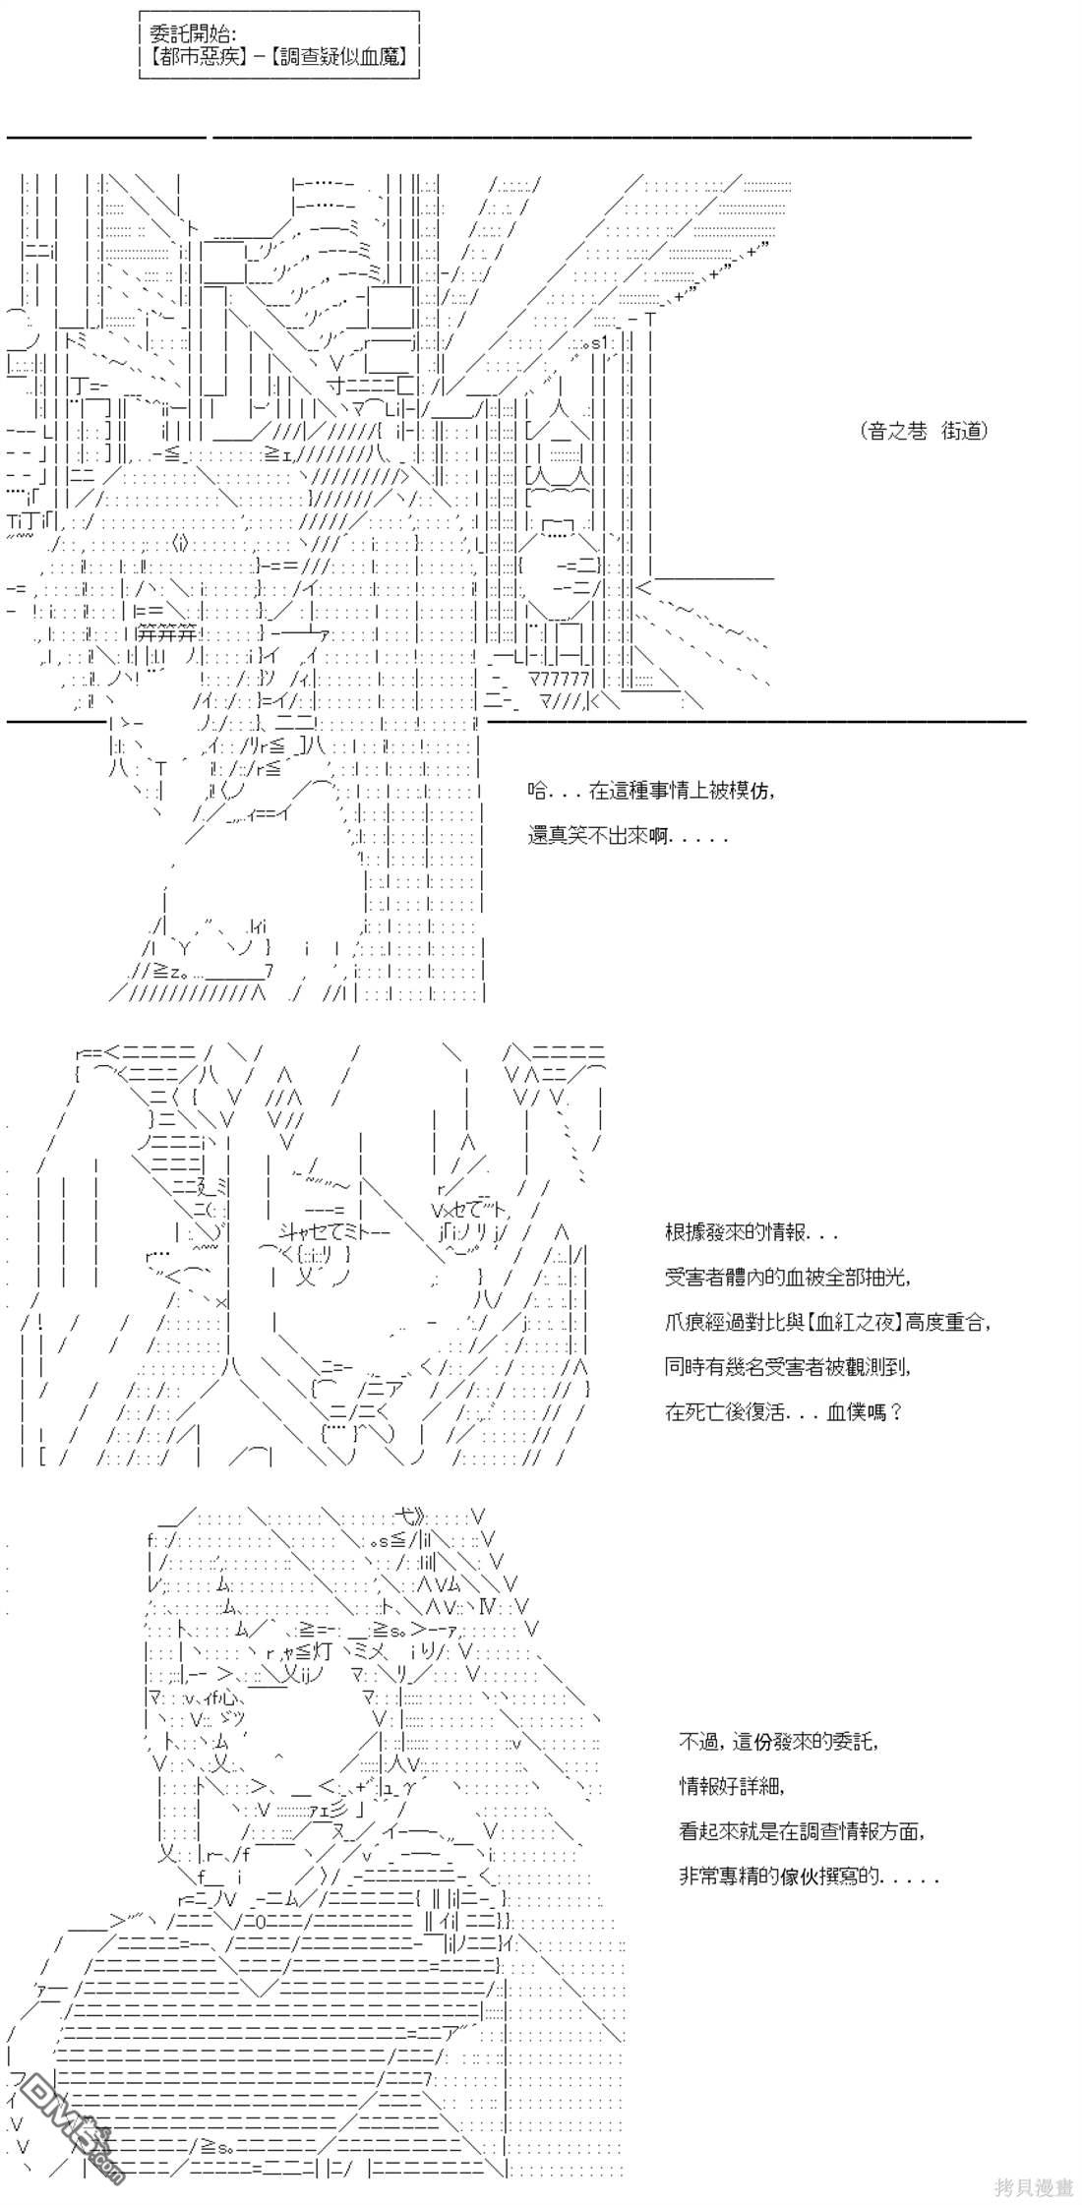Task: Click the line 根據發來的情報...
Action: tap(751, 1232)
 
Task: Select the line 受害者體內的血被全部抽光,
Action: tap(787, 1277)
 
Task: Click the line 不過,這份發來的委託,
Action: tap(777, 1742)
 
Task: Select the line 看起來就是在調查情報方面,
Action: tap(803, 1830)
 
